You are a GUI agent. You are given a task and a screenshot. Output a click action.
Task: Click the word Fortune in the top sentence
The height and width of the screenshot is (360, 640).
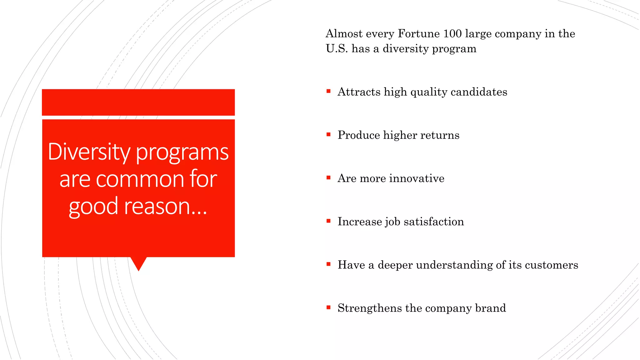pyautogui.click(x=418, y=34)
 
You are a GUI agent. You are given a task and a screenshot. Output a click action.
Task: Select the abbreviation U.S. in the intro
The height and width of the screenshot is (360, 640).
pyautogui.click(x=337, y=49)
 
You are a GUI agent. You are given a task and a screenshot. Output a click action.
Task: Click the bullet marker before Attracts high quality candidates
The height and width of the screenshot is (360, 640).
pyautogui.click(x=328, y=91)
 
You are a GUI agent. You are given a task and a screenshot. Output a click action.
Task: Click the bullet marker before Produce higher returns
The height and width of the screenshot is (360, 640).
pyautogui.click(x=328, y=135)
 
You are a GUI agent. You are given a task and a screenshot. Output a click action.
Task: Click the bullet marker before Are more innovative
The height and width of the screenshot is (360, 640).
pyautogui.click(x=328, y=178)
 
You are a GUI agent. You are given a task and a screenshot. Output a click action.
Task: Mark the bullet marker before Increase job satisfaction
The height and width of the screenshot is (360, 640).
pyautogui.click(x=328, y=221)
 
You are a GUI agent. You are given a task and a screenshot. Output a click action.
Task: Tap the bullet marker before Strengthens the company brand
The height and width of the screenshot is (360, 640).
pyautogui.click(x=328, y=307)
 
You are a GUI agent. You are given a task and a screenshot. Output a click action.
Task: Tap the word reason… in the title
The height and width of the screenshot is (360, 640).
pyautogui.click(x=165, y=207)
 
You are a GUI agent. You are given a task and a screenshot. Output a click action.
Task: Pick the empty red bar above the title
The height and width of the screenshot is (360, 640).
pyautogui.click(x=138, y=102)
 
